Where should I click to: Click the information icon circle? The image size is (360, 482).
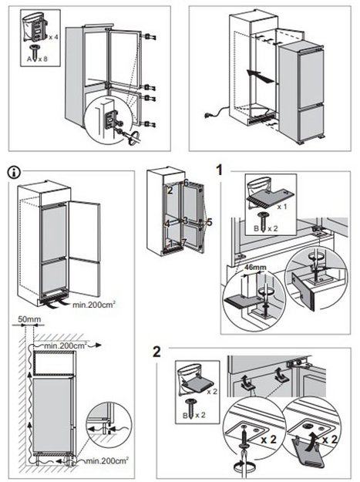click(x=14, y=173)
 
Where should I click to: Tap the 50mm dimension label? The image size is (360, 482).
click(x=29, y=319)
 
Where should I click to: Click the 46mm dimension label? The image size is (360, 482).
click(x=255, y=267)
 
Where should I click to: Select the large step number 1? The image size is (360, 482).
click(x=220, y=170)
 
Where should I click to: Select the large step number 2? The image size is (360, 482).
click(x=156, y=352)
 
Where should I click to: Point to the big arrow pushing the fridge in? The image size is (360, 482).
click(x=260, y=76)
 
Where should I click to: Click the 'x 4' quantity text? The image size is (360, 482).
click(x=53, y=37)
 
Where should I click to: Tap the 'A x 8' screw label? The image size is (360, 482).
click(x=37, y=59)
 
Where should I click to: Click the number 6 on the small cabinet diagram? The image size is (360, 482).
click(x=186, y=182)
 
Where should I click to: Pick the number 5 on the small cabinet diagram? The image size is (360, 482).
click(x=210, y=222)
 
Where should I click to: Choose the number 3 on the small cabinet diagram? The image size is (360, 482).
click(x=185, y=221)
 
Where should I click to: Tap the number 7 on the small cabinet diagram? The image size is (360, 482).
click(x=184, y=242)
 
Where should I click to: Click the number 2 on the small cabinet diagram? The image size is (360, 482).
click(x=170, y=190)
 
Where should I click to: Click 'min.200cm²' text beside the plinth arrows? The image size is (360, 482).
click(x=94, y=305)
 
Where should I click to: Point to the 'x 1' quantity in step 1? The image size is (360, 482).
click(x=282, y=206)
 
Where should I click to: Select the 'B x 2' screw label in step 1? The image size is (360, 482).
click(x=266, y=229)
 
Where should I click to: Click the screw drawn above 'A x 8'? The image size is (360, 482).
click(x=34, y=52)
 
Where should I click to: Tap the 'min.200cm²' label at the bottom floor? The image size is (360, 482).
click(x=107, y=460)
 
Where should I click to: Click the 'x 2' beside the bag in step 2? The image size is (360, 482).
click(x=212, y=392)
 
